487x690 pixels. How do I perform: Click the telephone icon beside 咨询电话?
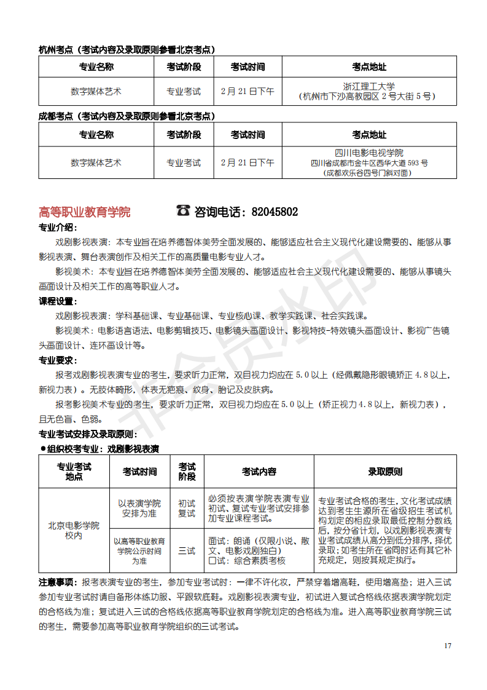(183, 211)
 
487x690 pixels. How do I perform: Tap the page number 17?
(447, 645)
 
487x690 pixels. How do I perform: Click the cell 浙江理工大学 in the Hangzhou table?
(369, 87)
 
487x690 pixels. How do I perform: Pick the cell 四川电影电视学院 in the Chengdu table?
(369, 153)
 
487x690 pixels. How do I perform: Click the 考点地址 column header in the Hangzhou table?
(369, 67)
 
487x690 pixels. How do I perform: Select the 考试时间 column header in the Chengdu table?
(247, 135)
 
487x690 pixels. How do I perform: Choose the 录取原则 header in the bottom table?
(385, 472)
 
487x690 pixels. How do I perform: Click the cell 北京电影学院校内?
(74, 530)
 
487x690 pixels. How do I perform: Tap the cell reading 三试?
(187, 550)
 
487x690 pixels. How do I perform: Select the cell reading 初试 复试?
(187, 508)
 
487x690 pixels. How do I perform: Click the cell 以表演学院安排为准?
(139, 508)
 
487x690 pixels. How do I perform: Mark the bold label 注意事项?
(57, 582)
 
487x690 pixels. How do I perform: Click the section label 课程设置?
(57, 301)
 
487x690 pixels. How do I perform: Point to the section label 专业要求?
(57, 360)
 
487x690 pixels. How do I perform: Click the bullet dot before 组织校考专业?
(43, 448)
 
